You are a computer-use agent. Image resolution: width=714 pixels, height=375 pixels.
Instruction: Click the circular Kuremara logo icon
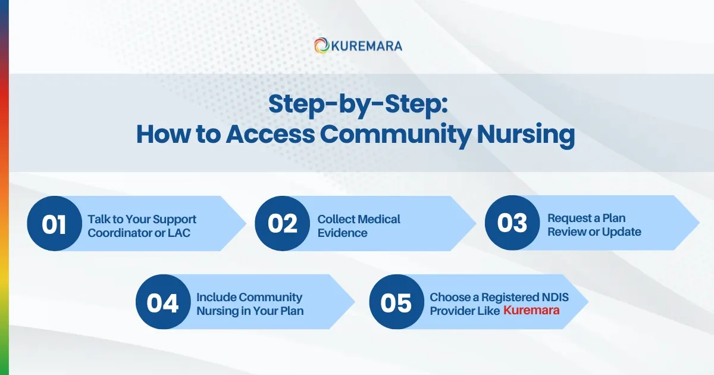coord(322,45)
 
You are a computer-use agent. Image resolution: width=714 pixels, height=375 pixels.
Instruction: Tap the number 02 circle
coord(282,223)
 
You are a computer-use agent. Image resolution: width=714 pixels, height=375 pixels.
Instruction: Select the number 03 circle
coord(512,223)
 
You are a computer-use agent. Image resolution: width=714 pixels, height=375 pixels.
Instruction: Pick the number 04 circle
coord(163,302)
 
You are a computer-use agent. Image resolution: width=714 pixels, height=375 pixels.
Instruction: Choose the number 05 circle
coord(396,302)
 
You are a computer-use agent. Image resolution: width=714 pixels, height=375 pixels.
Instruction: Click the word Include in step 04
coord(217,297)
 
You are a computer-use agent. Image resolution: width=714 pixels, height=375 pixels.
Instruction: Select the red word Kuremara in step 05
coord(531,310)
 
